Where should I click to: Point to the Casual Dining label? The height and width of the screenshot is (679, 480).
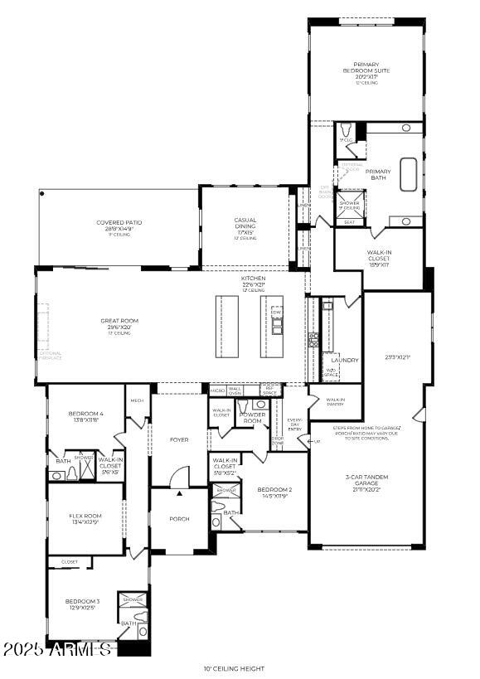point(245,226)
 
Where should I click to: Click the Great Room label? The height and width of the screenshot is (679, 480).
point(119,323)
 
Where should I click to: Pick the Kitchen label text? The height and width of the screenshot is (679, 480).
point(253,281)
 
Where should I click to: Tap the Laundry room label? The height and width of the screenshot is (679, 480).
point(344,360)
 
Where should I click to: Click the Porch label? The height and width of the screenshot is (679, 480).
point(179,518)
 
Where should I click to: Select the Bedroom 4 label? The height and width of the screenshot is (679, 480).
point(86,416)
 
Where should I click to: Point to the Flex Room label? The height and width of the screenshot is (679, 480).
point(85,519)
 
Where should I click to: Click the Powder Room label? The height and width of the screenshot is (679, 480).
point(252,417)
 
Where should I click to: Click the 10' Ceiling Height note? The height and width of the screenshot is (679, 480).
point(234,668)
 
